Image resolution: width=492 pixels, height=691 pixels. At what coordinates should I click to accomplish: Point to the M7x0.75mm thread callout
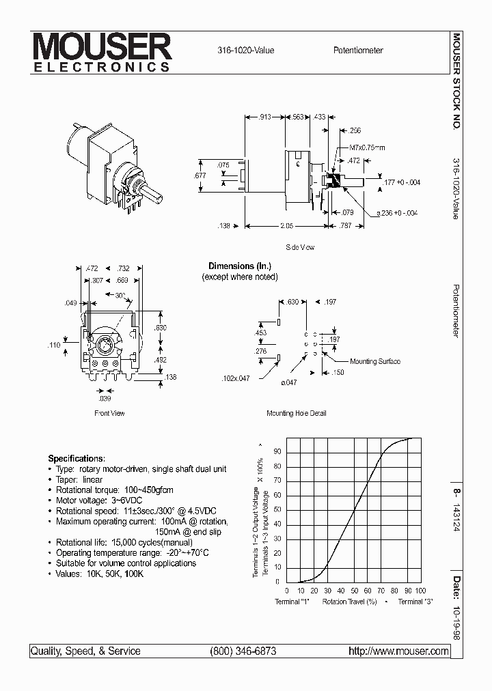tap(367, 147)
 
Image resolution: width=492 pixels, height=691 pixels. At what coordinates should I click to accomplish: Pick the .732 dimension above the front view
tap(123, 269)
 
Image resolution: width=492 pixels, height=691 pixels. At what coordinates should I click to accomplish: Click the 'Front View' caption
tap(109, 413)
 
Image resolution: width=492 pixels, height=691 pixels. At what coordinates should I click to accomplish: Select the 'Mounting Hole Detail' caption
tap(296, 413)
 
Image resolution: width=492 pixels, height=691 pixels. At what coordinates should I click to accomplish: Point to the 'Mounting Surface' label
tap(374, 361)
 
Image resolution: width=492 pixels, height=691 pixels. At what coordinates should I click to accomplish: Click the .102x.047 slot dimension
tap(236, 378)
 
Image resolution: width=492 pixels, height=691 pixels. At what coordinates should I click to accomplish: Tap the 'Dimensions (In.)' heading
tap(240, 266)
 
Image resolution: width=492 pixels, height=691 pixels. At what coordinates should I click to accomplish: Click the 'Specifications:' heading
tap(77, 458)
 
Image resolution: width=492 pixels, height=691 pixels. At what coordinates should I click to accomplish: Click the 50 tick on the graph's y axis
tap(277, 509)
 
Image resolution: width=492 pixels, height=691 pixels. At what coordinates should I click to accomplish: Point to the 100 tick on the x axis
tap(420, 590)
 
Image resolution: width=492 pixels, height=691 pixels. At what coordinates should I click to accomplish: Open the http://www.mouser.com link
tap(398, 651)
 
